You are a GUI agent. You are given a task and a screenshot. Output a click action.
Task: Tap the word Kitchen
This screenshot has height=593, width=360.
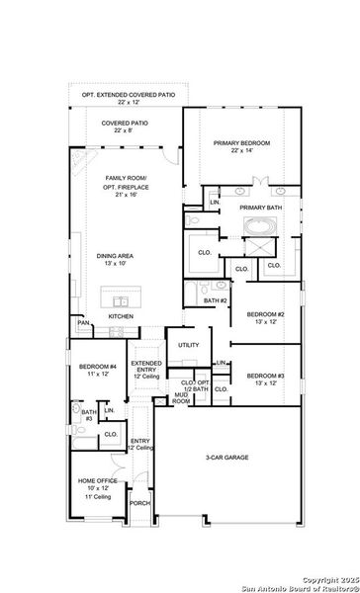[121, 316]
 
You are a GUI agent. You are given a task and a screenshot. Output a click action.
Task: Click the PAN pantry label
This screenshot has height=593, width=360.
[84, 323]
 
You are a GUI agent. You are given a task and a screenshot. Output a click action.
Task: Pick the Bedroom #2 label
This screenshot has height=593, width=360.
[266, 316]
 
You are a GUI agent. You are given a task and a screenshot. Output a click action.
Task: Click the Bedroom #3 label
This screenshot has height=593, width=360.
[266, 379]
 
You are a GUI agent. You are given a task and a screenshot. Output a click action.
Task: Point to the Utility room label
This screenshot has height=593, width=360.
[188, 345]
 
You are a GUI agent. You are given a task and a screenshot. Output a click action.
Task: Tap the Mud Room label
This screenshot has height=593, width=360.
[182, 399]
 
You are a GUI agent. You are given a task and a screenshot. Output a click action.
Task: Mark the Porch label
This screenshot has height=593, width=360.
[140, 502]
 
